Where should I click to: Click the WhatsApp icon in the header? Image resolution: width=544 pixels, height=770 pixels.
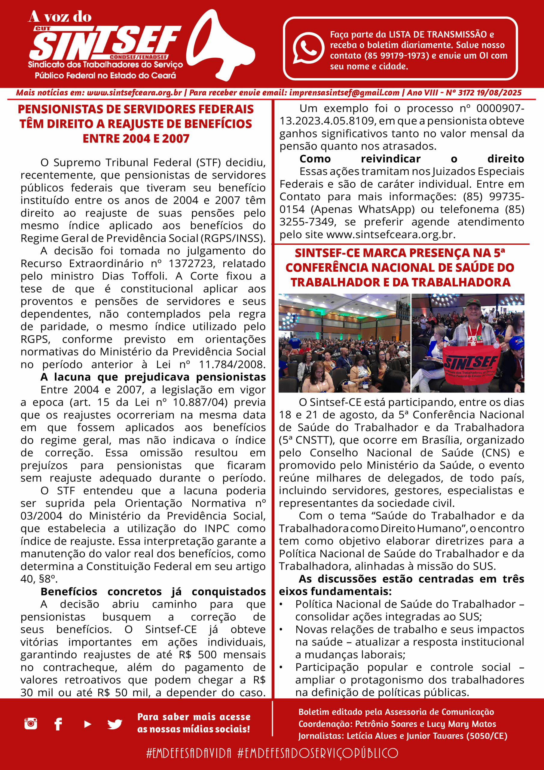(x=308, y=48)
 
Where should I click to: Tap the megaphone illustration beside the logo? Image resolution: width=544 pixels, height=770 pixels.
(x=219, y=45)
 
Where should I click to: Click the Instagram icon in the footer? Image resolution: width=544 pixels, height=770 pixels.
(x=30, y=723)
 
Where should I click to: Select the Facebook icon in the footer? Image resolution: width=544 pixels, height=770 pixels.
(x=58, y=724)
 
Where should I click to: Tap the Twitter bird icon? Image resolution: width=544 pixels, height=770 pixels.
(x=115, y=724)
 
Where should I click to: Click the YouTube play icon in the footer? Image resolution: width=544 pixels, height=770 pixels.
(x=87, y=724)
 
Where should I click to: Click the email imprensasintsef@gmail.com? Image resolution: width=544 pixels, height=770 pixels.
(x=344, y=93)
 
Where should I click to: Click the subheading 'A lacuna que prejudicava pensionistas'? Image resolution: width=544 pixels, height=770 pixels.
(x=153, y=377)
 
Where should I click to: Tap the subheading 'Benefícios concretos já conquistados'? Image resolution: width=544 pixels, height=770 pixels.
(x=153, y=592)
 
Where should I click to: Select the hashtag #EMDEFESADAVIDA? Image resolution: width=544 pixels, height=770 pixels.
(x=189, y=753)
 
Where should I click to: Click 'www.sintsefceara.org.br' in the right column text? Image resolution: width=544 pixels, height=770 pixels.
(x=390, y=234)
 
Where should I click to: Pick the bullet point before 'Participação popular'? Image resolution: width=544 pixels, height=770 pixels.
(x=282, y=667)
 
